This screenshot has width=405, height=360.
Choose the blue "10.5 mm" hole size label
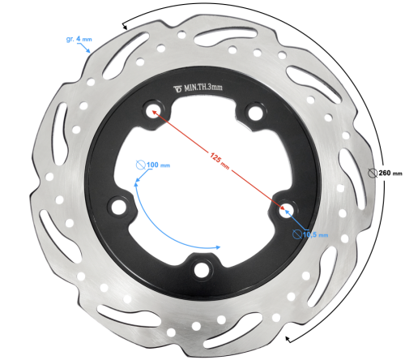pyautogui.click(x=316, y=235)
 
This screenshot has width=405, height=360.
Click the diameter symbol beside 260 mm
pyautogui.click(x=372, y=172)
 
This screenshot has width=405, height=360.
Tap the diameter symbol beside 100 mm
pyautogui.click(x=139, y=165)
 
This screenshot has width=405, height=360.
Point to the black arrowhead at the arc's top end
pyautogui.click(x=126, y=27)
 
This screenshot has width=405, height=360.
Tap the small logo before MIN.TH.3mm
pyautogui.click(x=178, y=88)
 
